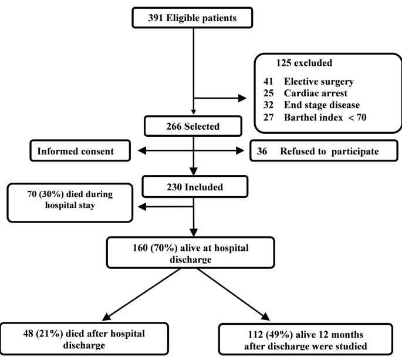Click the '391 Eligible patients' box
(x=192, y=18)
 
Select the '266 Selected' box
(x=192, y=126)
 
